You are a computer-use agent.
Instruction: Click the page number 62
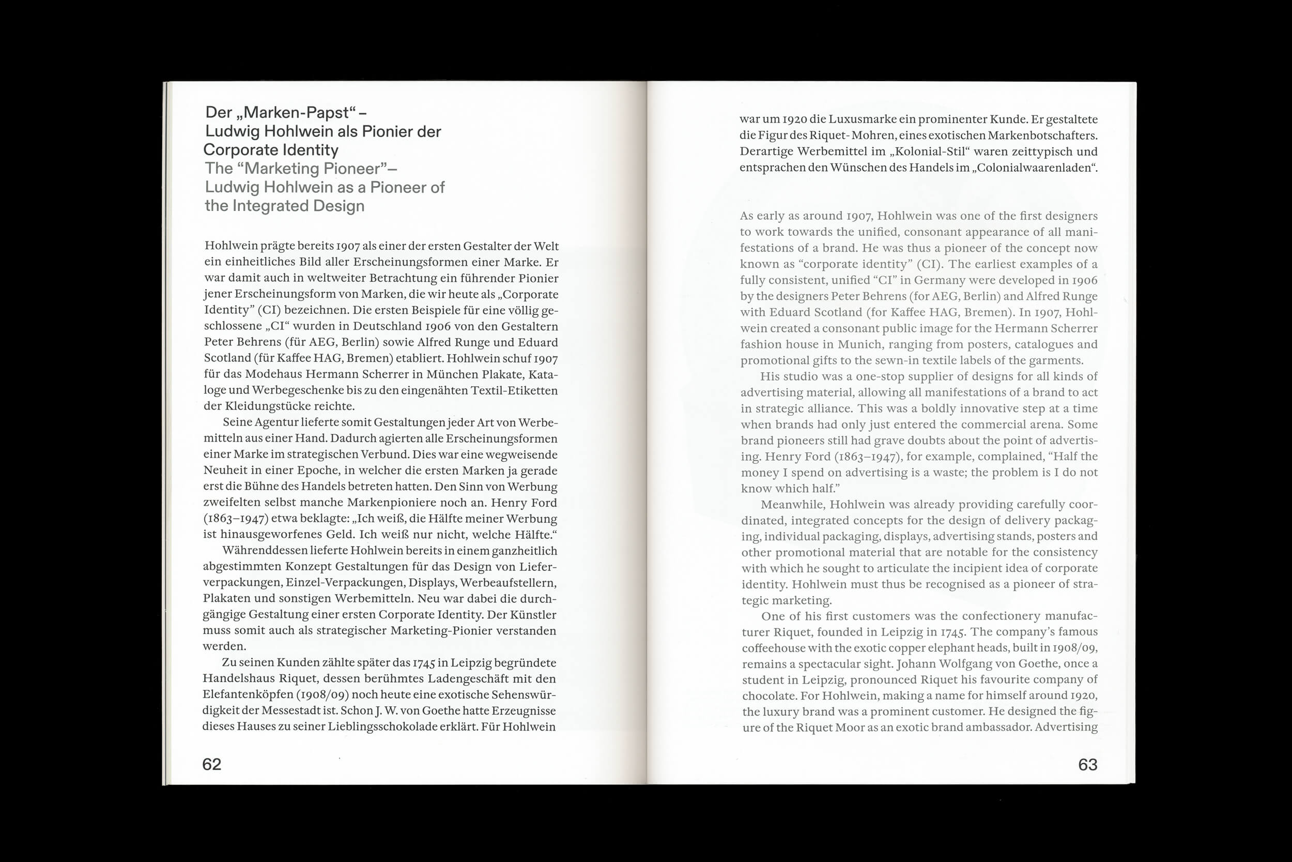tap(211, 764)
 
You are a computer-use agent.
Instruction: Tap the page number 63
tap(1087, 765)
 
